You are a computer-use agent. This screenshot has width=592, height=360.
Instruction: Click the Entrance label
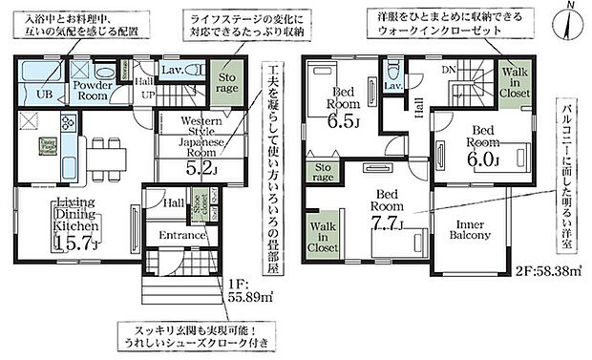click(182, 235)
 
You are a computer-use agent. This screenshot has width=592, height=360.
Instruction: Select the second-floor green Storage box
click(323, 173)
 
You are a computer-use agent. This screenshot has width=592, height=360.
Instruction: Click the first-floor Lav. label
click(173, 70)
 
